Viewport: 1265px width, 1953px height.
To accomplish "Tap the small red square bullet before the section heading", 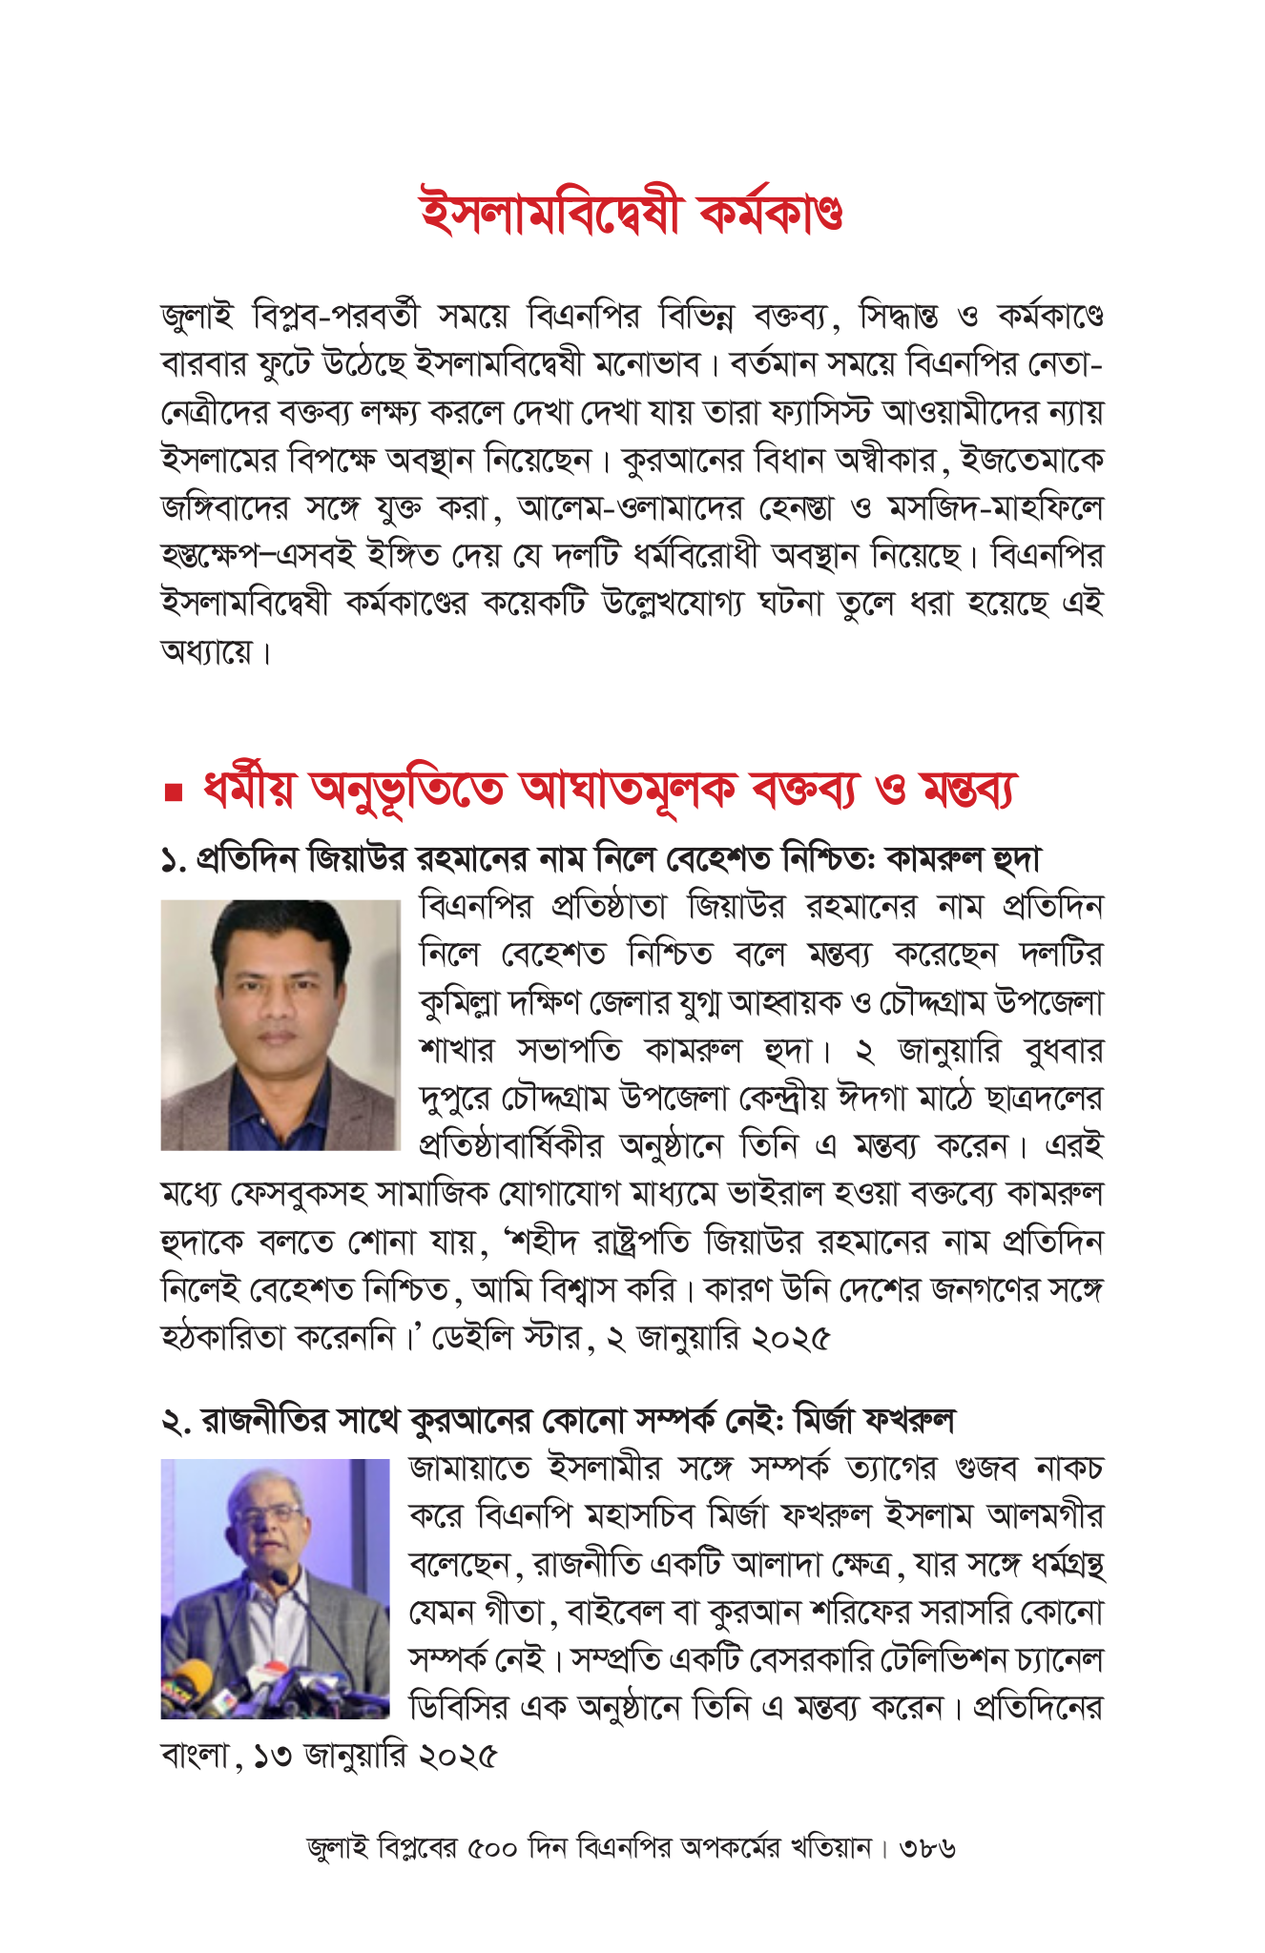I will pyautogui.click(x=173, y=791).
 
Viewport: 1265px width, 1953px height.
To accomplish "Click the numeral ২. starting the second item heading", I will pyautogui.click(x=176, y=1422).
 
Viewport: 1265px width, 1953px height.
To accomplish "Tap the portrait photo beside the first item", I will pyautogui.click(x=280, y=1023).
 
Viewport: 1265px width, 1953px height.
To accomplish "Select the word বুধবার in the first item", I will pyautogui.click(x=1063, y=1051).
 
